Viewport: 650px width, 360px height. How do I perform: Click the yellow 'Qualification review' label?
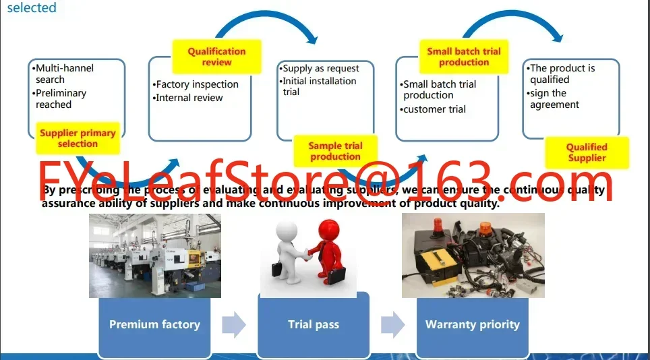tap(216, 57)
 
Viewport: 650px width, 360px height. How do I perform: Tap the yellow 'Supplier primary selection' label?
tap(78, 138)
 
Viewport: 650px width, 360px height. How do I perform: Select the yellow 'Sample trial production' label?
tap(335, 151)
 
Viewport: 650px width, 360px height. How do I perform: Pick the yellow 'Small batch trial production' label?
tap(464, 57)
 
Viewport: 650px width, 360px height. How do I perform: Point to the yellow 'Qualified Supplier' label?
tap(587, 152)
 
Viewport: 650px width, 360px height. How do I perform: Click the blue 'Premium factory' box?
tap(154, 324)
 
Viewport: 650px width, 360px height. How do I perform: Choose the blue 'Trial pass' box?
tap(314, 324)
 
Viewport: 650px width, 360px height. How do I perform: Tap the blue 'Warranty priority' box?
tap(472, 324)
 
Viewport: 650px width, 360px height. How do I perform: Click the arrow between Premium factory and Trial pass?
tap(234, 325)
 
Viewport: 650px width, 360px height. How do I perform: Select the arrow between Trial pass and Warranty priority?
tap(392, 325)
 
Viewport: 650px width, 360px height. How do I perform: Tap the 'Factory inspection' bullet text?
tap(197, 84)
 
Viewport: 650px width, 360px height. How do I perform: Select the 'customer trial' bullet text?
tap(434, 109)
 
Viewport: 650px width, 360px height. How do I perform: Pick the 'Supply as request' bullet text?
tap(321, 68)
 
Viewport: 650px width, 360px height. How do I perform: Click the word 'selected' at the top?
tap(32, 8)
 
